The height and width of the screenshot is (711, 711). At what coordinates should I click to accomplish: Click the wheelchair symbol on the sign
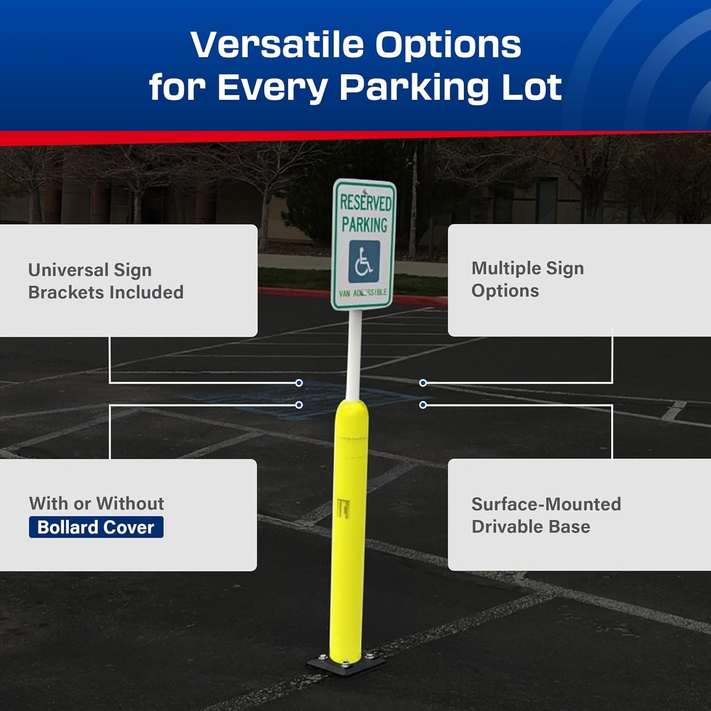[364, 261]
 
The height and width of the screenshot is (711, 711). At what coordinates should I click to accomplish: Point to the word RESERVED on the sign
[365, 202]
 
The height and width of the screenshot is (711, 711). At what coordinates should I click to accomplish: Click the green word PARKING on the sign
[365, 225]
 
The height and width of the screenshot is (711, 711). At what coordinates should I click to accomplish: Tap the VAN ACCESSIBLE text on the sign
[363, 293]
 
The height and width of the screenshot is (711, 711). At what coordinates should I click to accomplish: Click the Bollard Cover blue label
[96, 527]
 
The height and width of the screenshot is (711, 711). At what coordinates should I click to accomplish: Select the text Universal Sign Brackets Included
[105, 281]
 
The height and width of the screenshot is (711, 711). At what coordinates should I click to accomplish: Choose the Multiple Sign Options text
[527, 279]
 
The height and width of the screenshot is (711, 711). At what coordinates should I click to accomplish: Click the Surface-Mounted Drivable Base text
[546, 515]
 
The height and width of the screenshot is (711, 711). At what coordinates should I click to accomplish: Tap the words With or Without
[96, 503]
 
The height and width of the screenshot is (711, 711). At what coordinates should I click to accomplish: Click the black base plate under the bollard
[345, 666]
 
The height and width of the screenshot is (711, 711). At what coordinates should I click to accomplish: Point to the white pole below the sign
[354, 354]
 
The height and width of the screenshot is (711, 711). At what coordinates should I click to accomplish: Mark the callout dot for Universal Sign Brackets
[299, 383]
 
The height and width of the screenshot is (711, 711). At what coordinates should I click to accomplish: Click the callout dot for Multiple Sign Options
[423, 383]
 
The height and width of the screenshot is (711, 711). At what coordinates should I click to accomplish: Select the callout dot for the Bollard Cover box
[299, 405]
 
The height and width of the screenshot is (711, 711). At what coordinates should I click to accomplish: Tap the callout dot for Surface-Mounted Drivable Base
[423, 405]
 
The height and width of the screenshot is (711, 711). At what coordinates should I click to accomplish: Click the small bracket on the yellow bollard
[343, 508]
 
